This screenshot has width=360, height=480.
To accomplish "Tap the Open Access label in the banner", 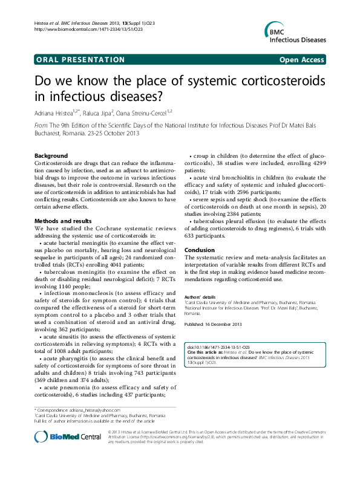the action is pyautogui.click(x=302, y=60).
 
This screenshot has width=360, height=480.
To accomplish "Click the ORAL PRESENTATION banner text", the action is pyautogui.click(x=80, y=60).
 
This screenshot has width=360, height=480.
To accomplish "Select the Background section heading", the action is pyautogui.click(x=51, y=155).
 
